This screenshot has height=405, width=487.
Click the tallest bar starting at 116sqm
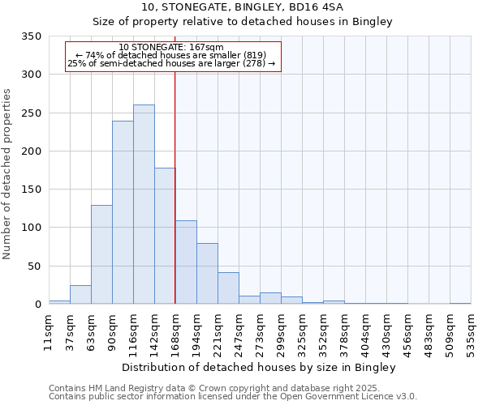(144, 204)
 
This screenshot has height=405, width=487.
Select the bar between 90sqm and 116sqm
(123, 212)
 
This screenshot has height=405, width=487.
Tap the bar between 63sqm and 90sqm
(101, 254)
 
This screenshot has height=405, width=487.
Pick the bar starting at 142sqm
(165, 236)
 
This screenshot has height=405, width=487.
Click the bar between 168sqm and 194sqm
(186, 262)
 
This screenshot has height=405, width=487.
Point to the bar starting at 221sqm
(228, 288)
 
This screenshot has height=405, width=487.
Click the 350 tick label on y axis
(31, 36)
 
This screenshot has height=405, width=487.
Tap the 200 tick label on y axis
(31, 151)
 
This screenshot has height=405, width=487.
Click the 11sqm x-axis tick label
(50, 329)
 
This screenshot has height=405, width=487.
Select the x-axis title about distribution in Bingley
(260, 368)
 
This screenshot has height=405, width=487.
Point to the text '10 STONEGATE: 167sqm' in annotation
(171, 48)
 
